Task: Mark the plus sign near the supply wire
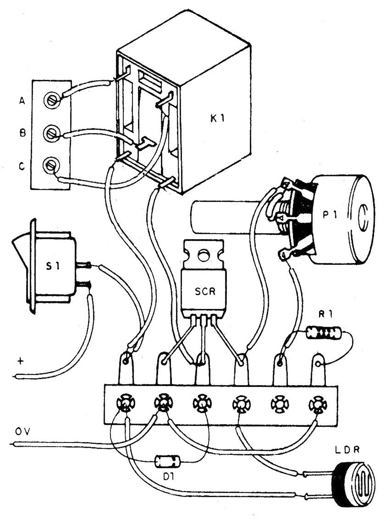click(20, 361)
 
